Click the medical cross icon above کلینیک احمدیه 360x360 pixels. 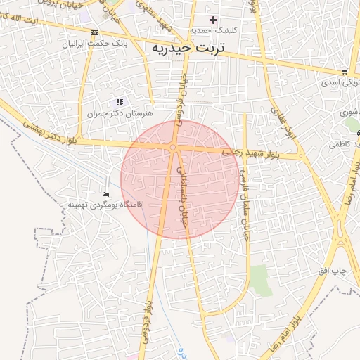214,19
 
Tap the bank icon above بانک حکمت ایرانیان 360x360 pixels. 95,32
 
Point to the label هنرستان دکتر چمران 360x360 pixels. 120,112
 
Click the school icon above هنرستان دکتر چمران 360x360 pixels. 120,102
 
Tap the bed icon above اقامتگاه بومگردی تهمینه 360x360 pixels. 106,194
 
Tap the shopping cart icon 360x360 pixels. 344,71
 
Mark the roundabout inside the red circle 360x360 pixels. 172,147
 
